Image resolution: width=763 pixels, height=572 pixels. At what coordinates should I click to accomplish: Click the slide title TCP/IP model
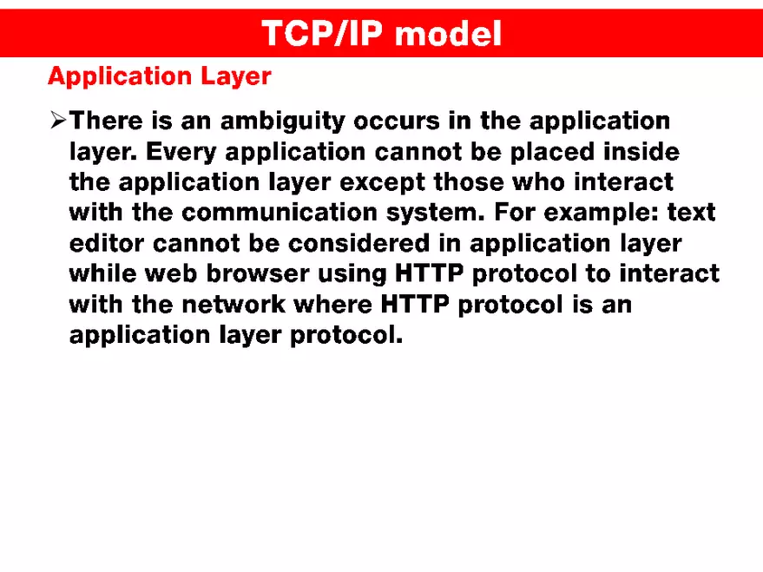click(x=381, y=33)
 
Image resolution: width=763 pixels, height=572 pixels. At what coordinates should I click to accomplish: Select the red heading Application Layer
click(x=159, y=76)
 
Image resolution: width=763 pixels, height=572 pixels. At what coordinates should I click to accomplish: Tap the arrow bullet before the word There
click(x=58, y=121)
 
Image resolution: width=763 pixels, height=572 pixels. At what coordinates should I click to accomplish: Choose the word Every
click(x=179, y=152)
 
